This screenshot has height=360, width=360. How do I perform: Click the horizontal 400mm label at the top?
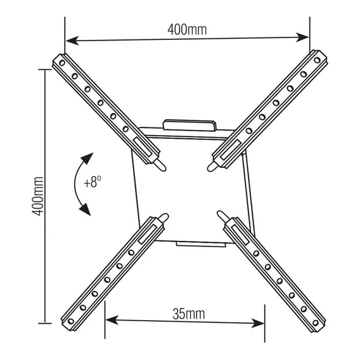[187, 30]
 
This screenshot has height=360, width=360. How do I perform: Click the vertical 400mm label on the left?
[37, 196]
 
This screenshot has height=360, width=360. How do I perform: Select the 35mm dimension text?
[188, 314]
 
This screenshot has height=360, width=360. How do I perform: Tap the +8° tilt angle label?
[93, 182]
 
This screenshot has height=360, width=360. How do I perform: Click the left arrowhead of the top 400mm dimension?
[72, 41]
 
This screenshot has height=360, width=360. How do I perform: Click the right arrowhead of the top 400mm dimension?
[302, 37]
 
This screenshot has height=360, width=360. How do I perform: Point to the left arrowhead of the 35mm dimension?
[112, 320]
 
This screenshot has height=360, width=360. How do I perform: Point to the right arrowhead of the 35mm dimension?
[257, 323]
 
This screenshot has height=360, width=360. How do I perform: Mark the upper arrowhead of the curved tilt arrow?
[87, 158]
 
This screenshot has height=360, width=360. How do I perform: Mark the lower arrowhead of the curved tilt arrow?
[85, 210]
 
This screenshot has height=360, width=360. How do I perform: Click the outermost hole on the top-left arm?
[62, 63]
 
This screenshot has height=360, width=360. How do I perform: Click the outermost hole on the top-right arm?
[317, 60]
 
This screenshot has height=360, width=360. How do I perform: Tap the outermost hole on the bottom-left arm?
[71, 321]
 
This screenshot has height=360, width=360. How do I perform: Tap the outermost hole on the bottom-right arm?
[316, 323]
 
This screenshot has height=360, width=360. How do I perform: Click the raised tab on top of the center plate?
[190, 125]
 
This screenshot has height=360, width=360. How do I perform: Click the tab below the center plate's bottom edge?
[201, 244]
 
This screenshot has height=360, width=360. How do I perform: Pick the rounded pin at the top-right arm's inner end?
[213, 166]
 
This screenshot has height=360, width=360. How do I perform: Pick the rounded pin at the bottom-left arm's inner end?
[164, 218]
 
